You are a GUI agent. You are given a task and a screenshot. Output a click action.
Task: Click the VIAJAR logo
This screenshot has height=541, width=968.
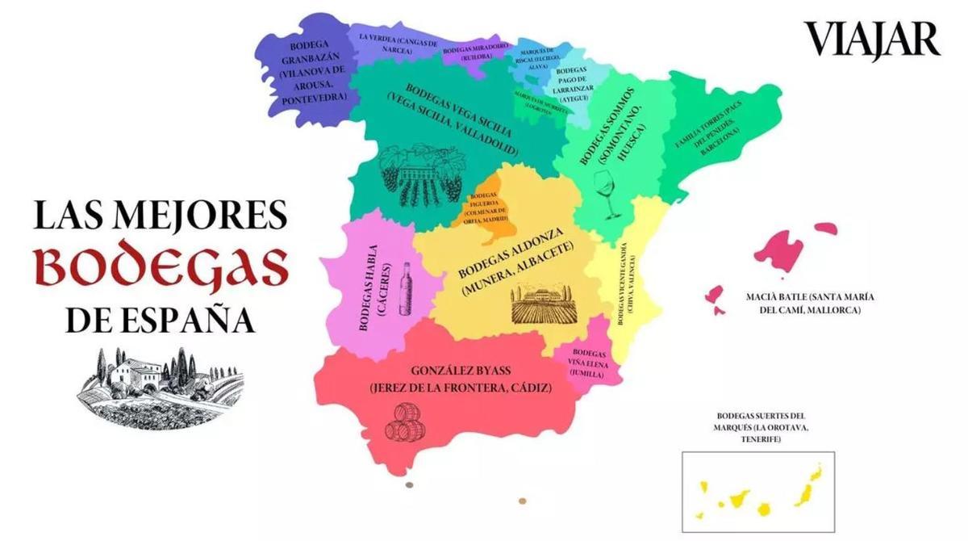click(x=871, y=40)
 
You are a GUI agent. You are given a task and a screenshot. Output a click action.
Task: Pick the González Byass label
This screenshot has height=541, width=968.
click(x=460, y=380)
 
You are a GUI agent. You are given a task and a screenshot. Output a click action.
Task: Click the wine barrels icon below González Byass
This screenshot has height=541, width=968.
click(x=409, y=421)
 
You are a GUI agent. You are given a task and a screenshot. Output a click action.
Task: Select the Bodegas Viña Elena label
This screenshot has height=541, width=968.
click(x=588, y=364)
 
